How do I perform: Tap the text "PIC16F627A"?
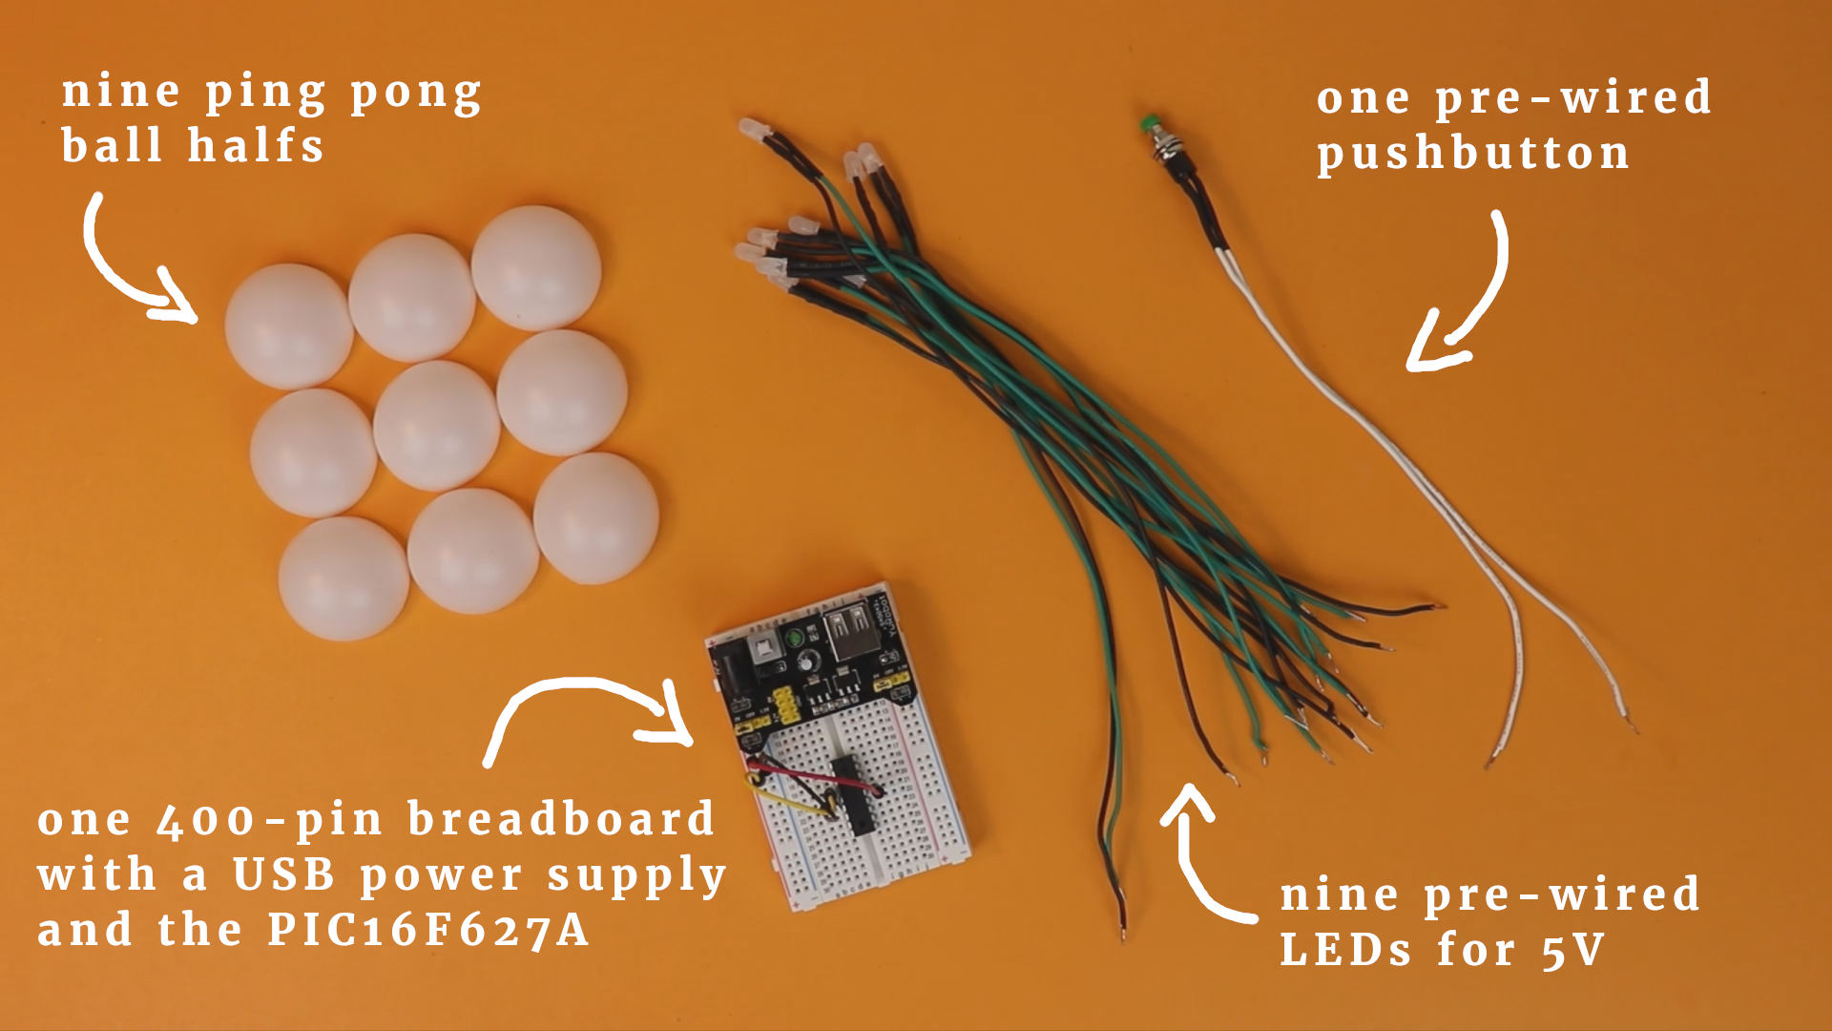coord(428,930)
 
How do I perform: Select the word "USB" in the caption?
coord(284,874)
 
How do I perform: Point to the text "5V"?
coord(1573,950)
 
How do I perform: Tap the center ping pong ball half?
coord(436,426)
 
